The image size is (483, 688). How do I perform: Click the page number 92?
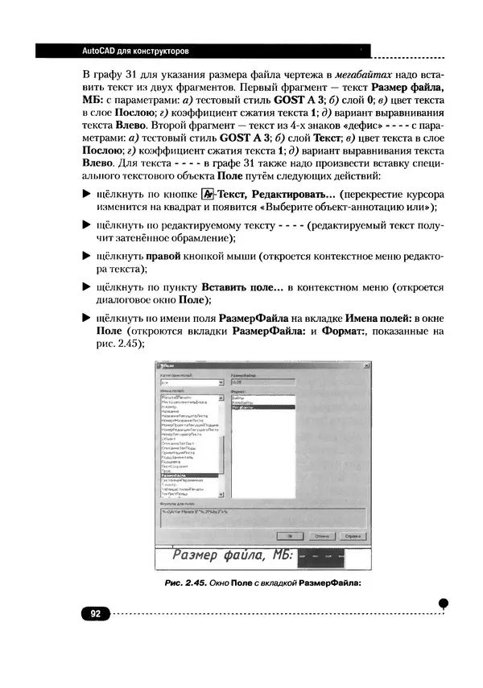94,614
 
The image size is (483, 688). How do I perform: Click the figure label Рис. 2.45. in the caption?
179,584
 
